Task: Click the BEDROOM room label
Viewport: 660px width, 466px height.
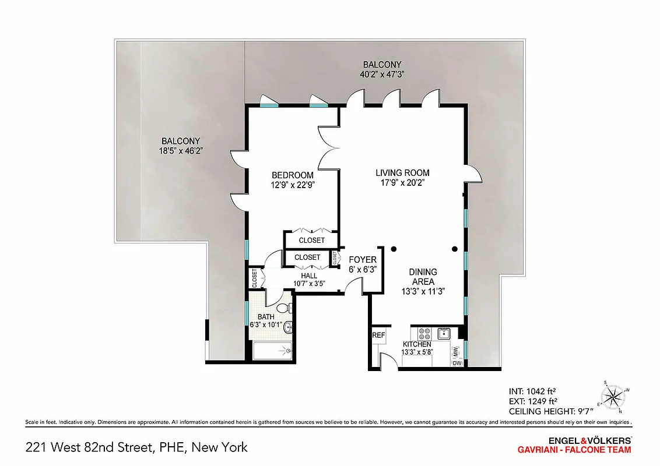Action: (293, 175)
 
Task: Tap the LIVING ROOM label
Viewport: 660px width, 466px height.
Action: (402, 173)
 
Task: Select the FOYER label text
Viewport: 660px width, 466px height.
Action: (363, 260)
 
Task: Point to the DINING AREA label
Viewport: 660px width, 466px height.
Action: (423, 277)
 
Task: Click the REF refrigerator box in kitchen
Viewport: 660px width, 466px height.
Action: (379, 336)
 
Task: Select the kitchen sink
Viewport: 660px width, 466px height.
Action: (444, 333)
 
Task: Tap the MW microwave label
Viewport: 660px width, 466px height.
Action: (455, 351)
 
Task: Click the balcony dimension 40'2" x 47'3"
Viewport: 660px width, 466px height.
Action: (382, 74)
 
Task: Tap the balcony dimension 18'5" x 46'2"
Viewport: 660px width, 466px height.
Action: (181, 151)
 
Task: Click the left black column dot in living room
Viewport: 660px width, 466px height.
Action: (394, 249)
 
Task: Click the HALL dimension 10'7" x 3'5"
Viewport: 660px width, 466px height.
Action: (309, 284)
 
